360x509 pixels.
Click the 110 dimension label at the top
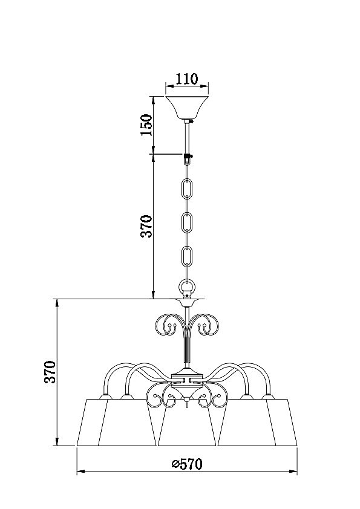(186, 79)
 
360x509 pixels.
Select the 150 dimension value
(146, 125)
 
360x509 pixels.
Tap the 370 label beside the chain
(146, 226)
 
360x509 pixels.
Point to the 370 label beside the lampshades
(50, 372)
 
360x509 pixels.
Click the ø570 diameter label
(187, 464)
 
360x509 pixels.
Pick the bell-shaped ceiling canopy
(187, 108)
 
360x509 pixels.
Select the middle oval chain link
(187, 222)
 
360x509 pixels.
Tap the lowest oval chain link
(187, 256)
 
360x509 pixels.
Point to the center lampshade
(187, 425)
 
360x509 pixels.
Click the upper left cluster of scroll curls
(167, 324)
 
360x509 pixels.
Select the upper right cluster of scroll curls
(206, 324)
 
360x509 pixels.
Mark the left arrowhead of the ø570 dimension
(80, 471)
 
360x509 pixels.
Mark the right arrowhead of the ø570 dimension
(293, 471)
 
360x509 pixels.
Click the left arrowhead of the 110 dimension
(169, 86)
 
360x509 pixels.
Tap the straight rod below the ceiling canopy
(187, 137)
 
